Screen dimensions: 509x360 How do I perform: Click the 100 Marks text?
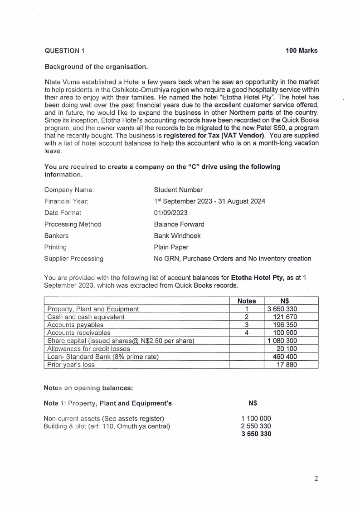pos(302,51)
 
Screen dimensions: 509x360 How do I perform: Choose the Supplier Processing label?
pos(73,259)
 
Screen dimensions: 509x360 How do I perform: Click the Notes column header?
pos(247,301)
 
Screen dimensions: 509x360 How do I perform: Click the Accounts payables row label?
pos(75,325)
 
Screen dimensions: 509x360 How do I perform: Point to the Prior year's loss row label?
pos(71,364)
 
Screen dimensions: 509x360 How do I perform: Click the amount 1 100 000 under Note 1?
pos(256,418)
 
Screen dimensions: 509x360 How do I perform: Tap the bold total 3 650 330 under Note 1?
pos(256,434)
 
